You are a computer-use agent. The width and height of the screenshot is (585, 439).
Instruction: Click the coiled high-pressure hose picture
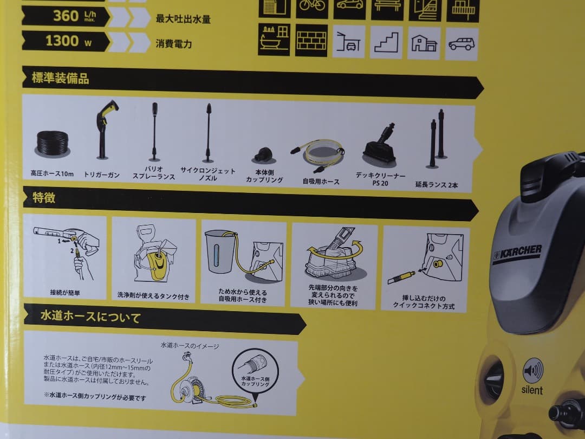[x=53, y=143]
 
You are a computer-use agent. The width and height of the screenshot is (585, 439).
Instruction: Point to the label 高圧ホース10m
[x=52, y=174]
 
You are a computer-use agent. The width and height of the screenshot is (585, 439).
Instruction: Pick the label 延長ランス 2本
[x=437, y=185]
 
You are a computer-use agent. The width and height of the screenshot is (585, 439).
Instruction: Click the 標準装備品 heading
[x=60, y=79]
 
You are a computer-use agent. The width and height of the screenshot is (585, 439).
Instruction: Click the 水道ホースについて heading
[x=90, y=317]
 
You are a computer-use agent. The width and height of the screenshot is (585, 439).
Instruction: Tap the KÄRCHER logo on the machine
[x=517, y=254]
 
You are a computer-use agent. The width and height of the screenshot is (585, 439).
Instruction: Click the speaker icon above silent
[x=532, y=371]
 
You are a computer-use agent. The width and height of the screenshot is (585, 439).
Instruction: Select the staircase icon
[x=386, y=42]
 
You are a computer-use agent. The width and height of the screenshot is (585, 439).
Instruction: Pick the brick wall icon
[x=311, y=40]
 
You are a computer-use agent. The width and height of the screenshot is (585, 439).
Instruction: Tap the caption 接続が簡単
[x=65, y=293]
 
